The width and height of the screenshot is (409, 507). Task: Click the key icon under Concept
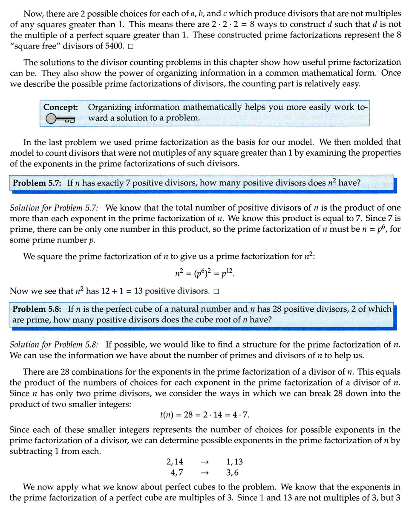pyautogui.click(x=60, y=120)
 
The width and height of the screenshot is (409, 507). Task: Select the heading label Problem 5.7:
pyautogui.click(x=38, y=183)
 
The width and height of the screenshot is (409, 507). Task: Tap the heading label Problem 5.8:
pyautogui.click(x=38, y=309)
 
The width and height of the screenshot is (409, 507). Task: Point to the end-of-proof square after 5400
pyautogui.click(x=130, y=46)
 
